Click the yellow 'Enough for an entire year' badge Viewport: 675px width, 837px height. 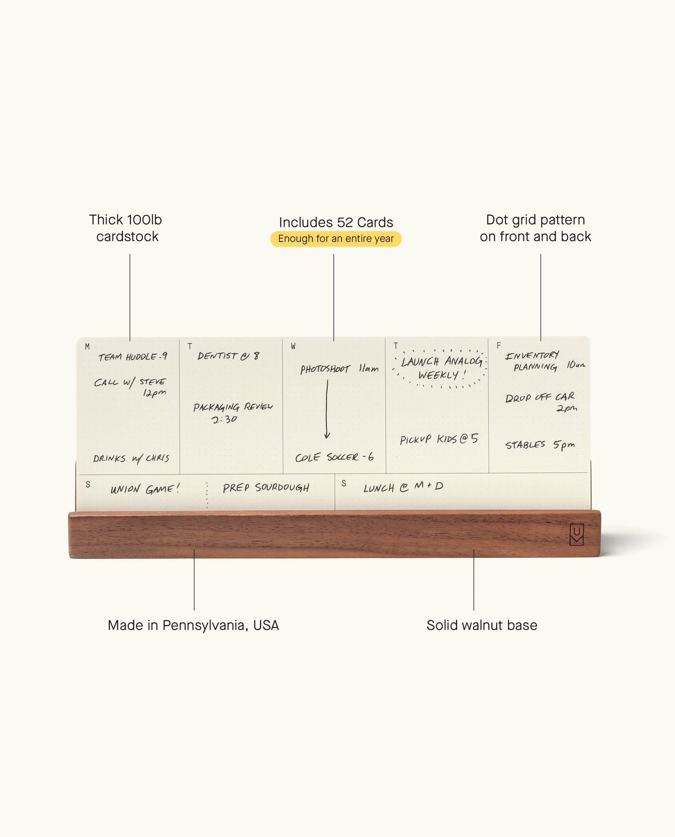tap(336, 239)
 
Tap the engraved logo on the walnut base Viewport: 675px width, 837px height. tap(576, 534)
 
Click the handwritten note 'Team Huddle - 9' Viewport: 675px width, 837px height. tap(132, 357)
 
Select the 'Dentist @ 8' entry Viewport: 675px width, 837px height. tap(228, 356)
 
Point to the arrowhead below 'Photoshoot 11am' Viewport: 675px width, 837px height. tap(327, 435)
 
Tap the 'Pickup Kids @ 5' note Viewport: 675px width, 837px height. tap(439, 439)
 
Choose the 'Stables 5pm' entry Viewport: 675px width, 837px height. tap(540, 445)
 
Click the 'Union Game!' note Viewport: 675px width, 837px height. tap(145, 489)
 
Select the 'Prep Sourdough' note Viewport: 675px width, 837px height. tap(266, 488)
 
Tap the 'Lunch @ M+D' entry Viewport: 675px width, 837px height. tap(403, 487)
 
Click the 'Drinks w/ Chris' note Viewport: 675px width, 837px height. tap(131, 458)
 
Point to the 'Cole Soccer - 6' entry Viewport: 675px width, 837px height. tap(334, 457)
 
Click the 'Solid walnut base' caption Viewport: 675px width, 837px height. tap(482, 625)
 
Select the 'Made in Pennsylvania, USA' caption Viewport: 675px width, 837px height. tap(193, 625)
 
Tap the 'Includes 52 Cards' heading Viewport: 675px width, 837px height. tap(336, 222)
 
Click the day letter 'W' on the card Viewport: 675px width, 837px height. tap(293, 346)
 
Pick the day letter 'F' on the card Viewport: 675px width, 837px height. tap(499, 345)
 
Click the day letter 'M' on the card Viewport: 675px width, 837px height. tap(87, 346)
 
